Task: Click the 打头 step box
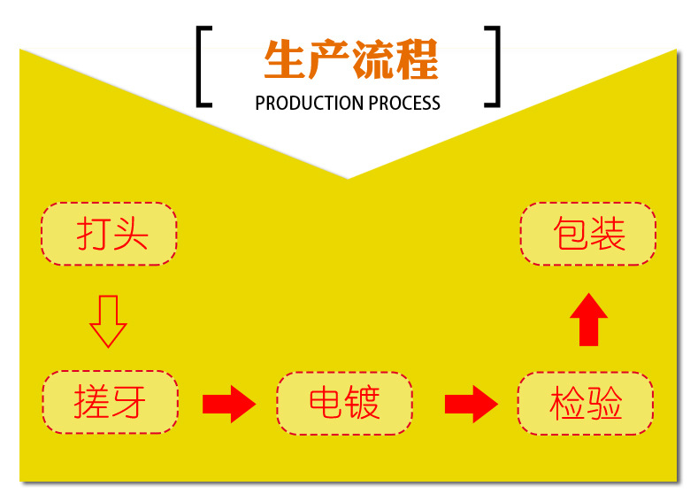[x=109, y=235]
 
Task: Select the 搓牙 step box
[x=111, y=402]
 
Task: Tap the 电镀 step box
[x=344, y=404]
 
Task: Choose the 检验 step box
[x=586, y=404]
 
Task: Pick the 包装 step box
[x=588, y=234]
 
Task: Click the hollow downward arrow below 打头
[x=108, y=321]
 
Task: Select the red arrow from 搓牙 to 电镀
[x=228, y=404]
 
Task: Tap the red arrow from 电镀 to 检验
[x=471, y=404]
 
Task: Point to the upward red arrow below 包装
[x=588, y=319]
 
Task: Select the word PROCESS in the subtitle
[x=404, y=104]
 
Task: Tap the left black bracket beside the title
[x=204, y=67]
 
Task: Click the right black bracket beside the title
[x=492, y=67]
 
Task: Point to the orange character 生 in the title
[x=284, y=59]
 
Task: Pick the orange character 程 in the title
[x=417, y=59]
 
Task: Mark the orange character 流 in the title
[x=372, y=59]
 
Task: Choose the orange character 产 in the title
[x=328, y=59]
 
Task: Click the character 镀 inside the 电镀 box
[x=363, y=404]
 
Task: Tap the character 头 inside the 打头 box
[x=129, y=235]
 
